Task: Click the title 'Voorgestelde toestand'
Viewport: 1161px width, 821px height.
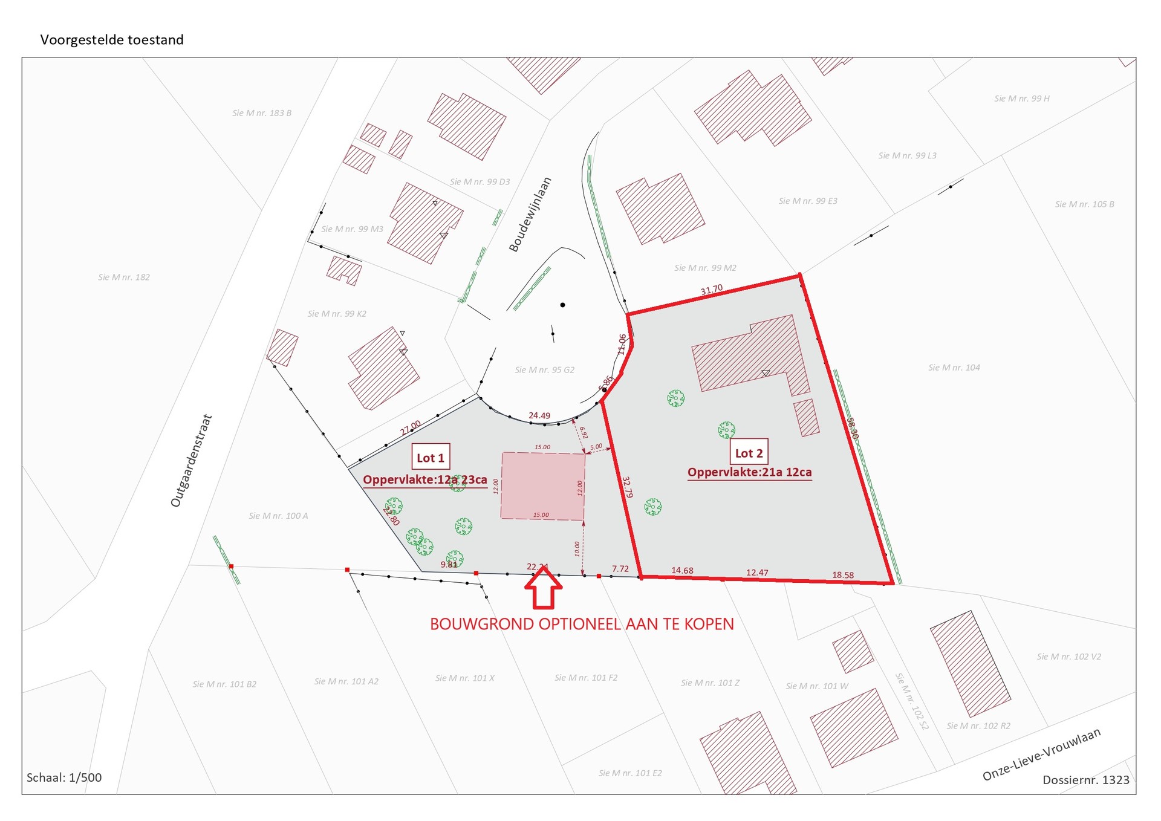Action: [112, 40]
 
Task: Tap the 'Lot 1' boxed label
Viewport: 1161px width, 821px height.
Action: [431, 458]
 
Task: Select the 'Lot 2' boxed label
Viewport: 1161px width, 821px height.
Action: [749, 453]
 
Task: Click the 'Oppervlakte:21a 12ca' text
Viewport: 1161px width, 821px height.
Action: [749, 472]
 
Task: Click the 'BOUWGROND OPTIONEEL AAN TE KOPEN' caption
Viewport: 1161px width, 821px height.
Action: [582, 624]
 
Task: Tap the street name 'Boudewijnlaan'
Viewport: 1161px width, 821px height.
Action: [530, 214]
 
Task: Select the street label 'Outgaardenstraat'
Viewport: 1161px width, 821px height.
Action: [191, 461]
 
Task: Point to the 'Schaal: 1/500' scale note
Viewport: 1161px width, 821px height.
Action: [64, 777]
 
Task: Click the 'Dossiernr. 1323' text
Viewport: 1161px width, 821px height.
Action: [1085, 780]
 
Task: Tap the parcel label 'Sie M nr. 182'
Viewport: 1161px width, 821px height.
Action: [124, 277]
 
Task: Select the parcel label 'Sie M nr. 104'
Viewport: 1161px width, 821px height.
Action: [954, 368]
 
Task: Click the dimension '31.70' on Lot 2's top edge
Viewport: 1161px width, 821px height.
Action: [712, 290]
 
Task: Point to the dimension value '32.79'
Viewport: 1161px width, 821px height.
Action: [628, 487]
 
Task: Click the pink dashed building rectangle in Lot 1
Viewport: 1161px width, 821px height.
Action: [542, 487]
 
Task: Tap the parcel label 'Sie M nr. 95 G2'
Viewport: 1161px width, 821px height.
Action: [544, 370]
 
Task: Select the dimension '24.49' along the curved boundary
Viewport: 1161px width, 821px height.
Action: [539, 415]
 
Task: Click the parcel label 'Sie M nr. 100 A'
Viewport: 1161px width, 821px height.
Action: [278, 516]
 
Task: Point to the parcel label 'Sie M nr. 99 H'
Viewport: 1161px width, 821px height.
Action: [1021, 99]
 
